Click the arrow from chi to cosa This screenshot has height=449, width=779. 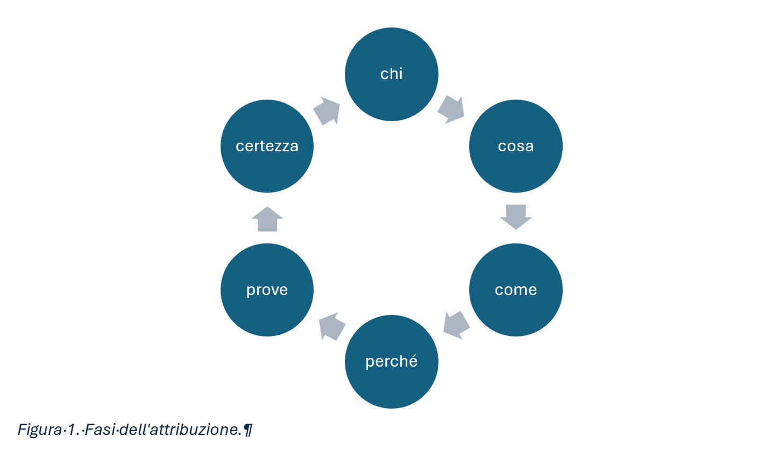pos(450,109)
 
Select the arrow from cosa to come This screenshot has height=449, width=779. pos(515,216)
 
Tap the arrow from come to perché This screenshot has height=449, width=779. pos(457,325)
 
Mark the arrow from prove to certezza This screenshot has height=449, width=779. pos(267,219)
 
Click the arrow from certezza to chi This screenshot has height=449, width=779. pos(327,111)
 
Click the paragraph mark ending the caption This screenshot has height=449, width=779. pos(247,430)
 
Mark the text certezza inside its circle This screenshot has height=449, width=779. pos(267,146)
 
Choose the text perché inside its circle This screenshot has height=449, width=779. pos(391,361)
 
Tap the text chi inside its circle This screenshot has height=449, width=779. pos(391,74)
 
